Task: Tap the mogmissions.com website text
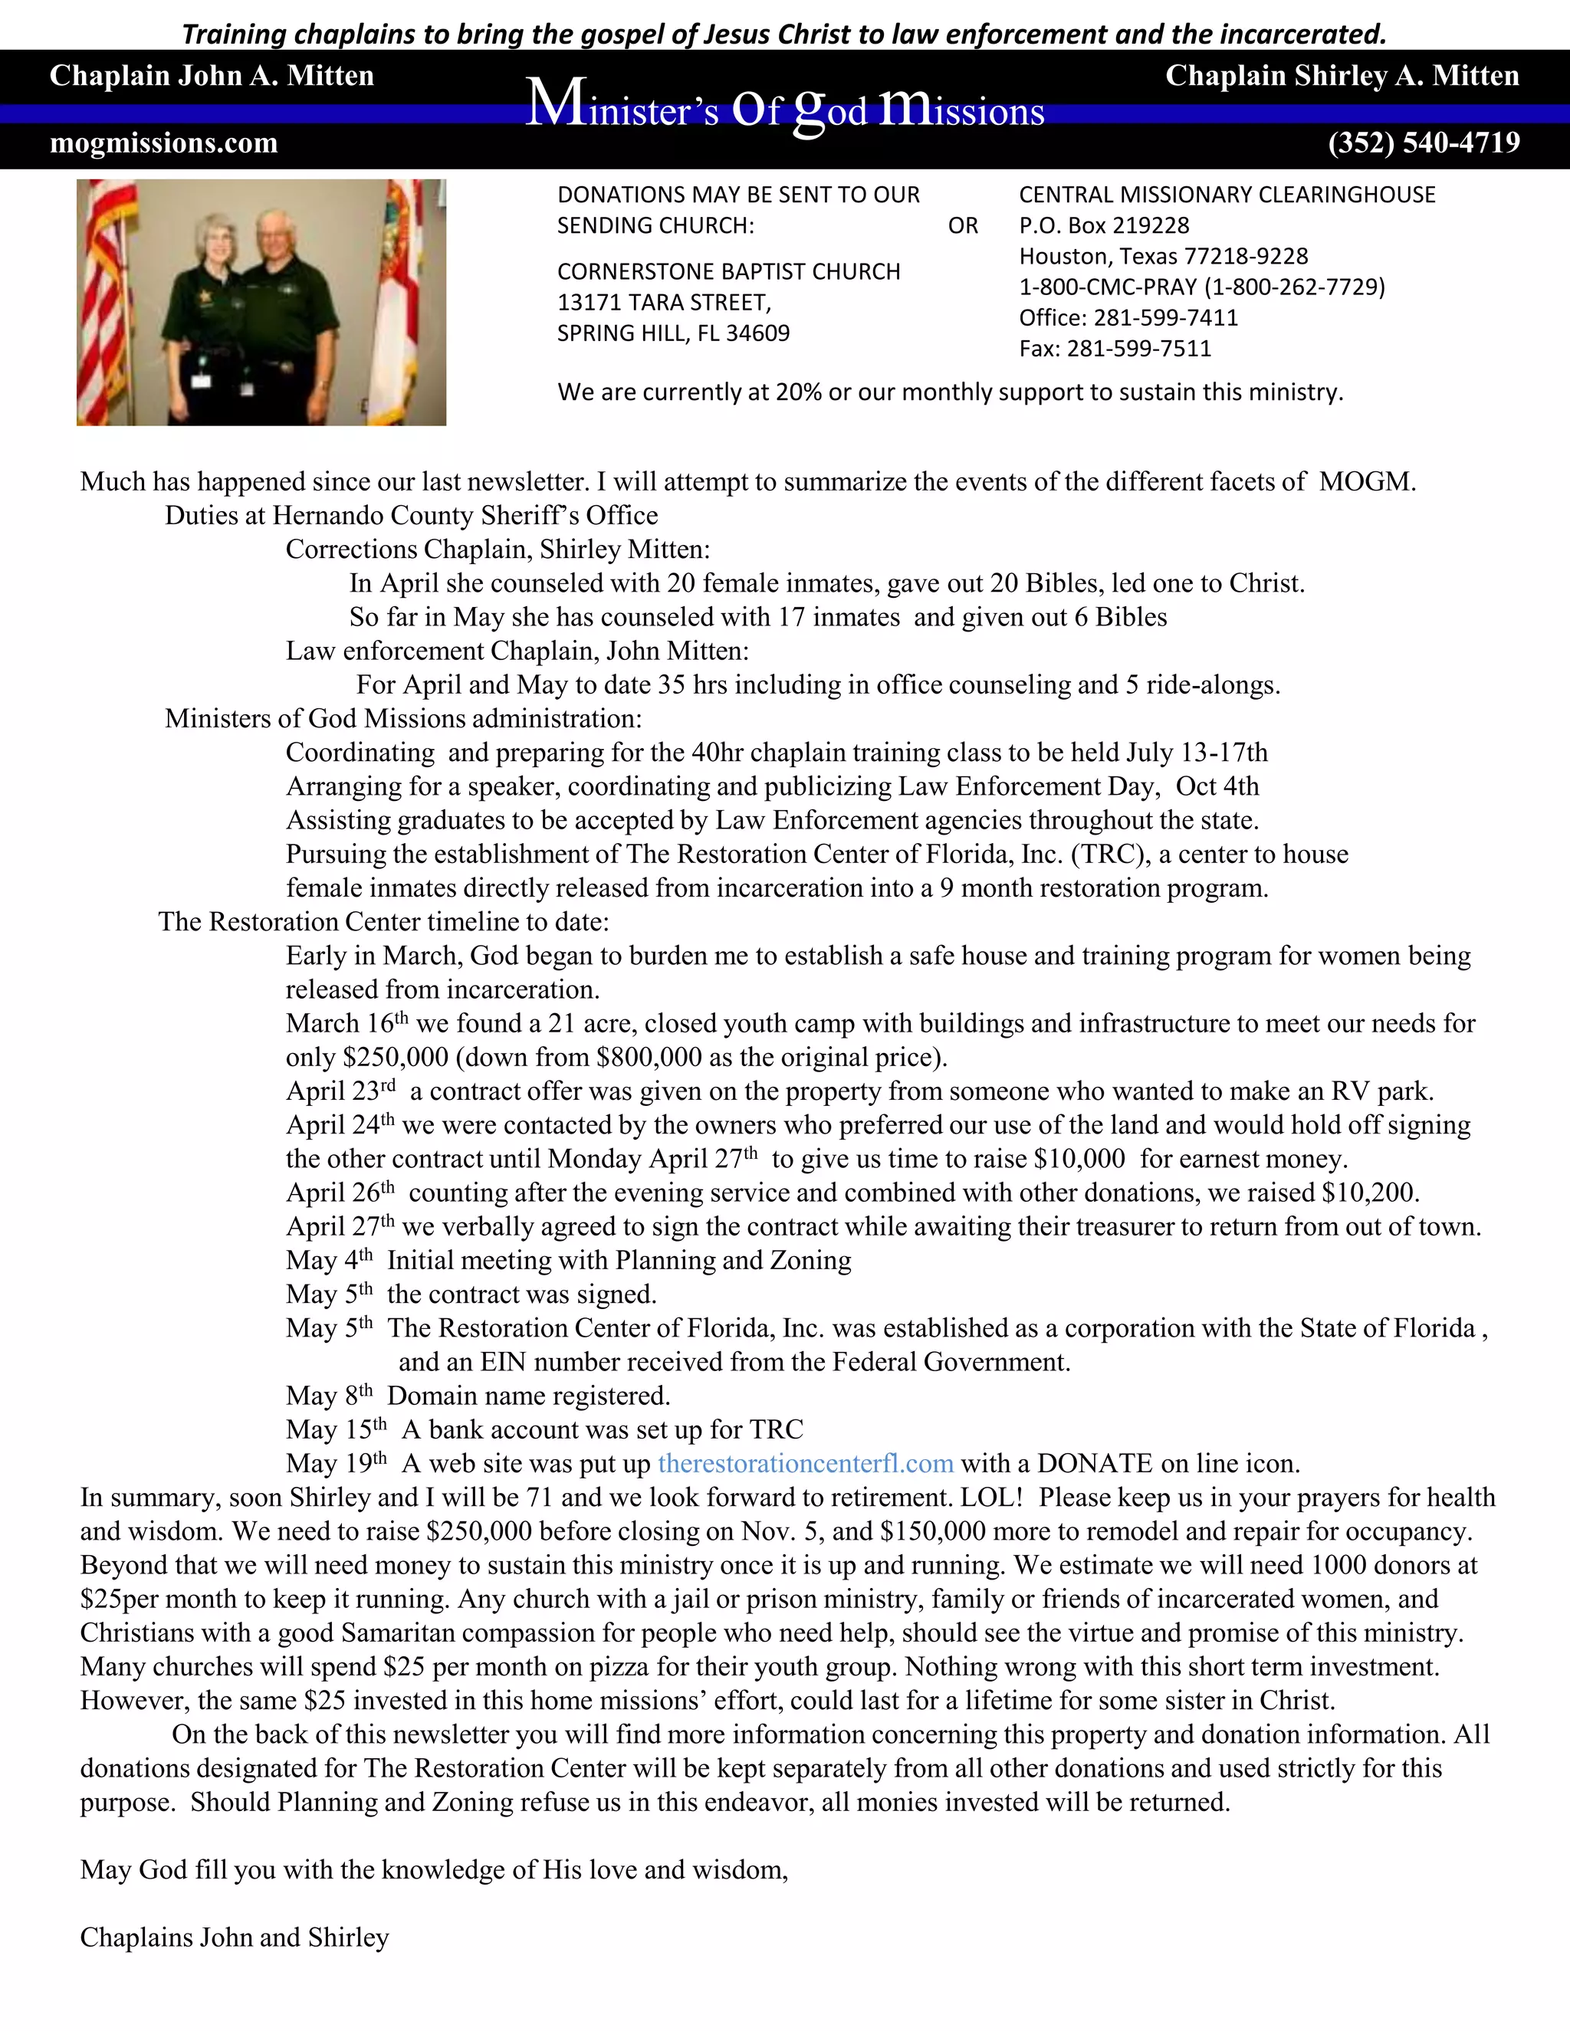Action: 164,143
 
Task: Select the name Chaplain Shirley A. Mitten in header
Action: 1342,75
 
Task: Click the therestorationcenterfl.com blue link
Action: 806,1463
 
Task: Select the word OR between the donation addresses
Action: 963,226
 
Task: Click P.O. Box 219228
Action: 1104,226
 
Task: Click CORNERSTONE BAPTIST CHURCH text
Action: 728,271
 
